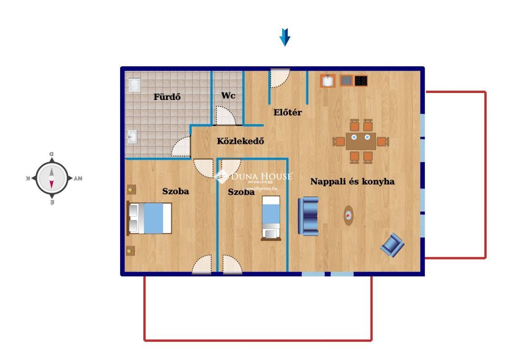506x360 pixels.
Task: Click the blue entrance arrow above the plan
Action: [x=285, y=37]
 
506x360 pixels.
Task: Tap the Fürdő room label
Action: [x=167, y=96]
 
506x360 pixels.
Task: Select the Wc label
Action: [x=228, y=95]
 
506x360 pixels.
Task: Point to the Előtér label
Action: [x=288, y=112]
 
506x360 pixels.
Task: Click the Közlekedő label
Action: [x=241, y=141]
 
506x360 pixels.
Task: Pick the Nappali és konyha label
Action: [x=352, y=181]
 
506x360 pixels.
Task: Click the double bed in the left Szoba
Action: [x=149, y=218]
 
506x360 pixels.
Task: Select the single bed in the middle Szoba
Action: [x=271, y=218]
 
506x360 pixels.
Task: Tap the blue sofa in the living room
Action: [x=308, y=216]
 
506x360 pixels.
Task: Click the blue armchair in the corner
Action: [x=392, y=245]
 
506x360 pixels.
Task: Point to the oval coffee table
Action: [x=348, y=215]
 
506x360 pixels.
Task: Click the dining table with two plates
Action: [x=361, y=141]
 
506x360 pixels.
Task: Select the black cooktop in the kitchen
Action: [x=361, y=81]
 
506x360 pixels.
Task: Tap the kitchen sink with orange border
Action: [x=328, y=81]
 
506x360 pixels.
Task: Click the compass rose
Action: [x=51, y=178]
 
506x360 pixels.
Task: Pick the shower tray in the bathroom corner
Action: [x=134, y=85]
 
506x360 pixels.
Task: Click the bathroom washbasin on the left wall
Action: [x=132, y=136]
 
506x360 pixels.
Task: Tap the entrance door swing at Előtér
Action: [x=280, y=79]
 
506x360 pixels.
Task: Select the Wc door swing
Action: [x=225, y=115]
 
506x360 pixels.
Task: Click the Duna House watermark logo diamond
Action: [x=222, y=176]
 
